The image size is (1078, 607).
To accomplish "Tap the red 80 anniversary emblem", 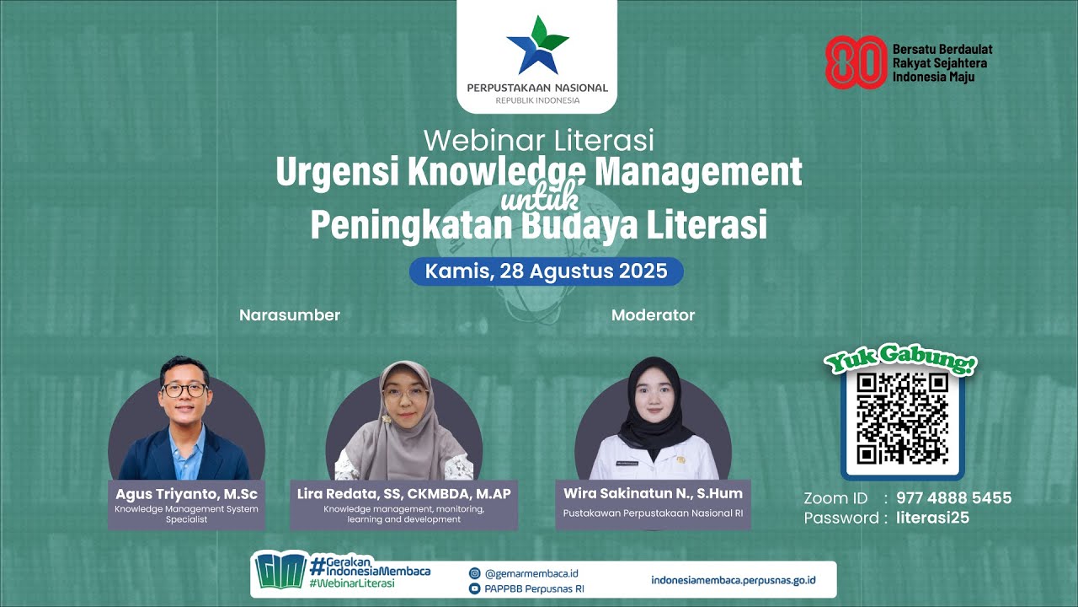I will point(856,62).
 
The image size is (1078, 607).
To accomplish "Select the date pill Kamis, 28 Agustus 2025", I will point(546,271).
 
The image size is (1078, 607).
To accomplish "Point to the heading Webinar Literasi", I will point(538,139).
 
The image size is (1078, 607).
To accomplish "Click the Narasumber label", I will point(290,315).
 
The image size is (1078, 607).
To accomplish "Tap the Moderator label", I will point(653,315).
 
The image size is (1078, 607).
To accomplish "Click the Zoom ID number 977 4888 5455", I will point(953,498).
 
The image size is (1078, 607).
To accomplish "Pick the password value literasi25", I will point(932,518).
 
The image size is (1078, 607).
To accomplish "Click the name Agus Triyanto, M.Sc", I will point(187,494).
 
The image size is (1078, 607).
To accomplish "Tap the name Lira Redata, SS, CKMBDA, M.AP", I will point(403,494).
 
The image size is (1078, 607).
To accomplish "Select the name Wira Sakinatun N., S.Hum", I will point(648,493).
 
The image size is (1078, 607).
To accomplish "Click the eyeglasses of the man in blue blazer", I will point(184,389).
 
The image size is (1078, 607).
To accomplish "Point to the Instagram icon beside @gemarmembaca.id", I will point(474,573).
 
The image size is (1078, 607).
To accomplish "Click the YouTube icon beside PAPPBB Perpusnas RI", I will point(474,588).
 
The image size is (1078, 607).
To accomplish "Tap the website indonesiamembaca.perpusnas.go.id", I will point(733,580).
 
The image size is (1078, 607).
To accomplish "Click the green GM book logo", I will point(280,572).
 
